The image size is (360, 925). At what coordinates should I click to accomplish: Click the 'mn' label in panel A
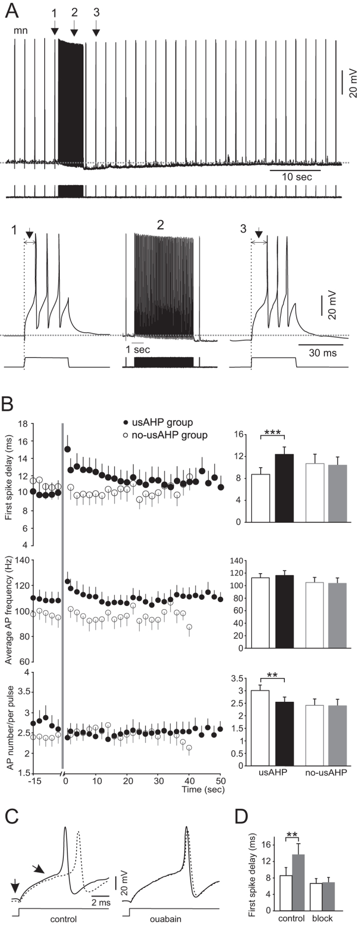(x=21, y=30)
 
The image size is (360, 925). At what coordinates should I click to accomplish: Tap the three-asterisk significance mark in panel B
(x=273, y=434)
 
